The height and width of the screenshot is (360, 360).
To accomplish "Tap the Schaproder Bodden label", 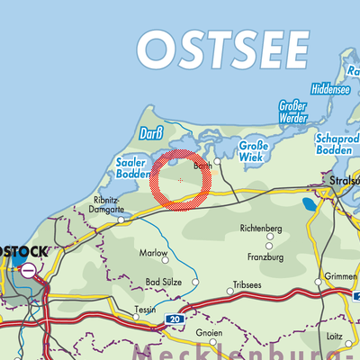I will (x=334, y=146).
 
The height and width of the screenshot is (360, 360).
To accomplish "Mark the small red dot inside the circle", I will (x=180, y=180).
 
